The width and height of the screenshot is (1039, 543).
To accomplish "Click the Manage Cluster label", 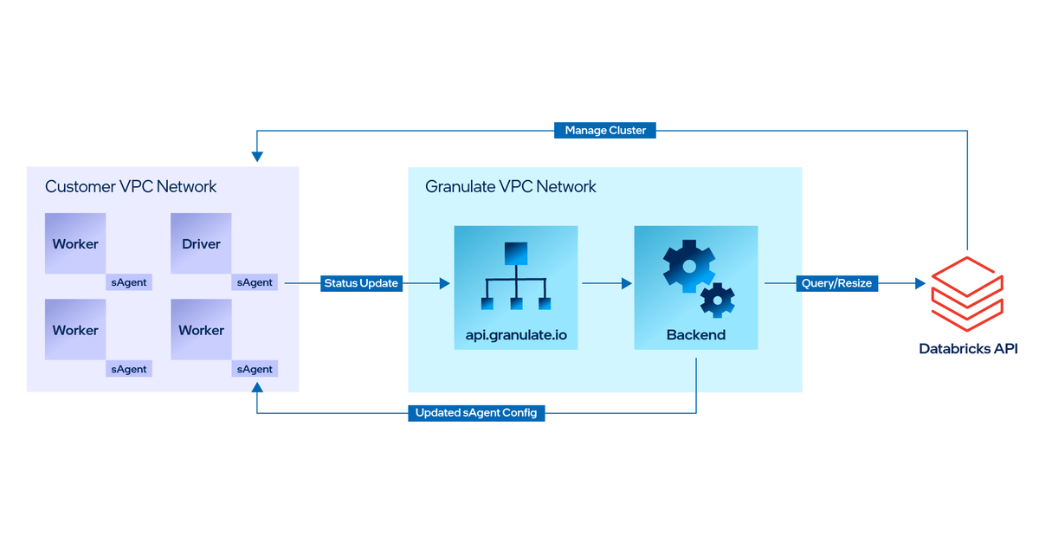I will click(604, 130).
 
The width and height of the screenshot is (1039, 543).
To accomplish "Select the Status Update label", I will click(361, 283).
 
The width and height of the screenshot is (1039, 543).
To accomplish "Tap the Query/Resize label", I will click(836, 283).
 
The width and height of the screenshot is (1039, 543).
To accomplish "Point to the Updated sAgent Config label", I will click(475, 413).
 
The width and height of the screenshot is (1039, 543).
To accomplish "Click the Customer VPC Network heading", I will click(130, 186).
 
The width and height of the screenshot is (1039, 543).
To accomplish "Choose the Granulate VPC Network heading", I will click(510, 186).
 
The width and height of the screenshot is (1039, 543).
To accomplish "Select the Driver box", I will click(201, 243).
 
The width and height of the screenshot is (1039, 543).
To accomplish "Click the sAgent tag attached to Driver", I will click(255, 282).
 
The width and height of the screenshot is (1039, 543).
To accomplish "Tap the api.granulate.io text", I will click(516, 334).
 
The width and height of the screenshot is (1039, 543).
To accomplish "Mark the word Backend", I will click(695, 334).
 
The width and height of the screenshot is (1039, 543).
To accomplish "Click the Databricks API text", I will click(968, 349).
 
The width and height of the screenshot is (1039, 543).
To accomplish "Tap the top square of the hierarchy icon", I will click(516, 253).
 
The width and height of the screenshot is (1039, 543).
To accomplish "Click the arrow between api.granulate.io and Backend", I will click(606, 283).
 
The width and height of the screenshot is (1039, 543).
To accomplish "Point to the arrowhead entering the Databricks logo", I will click(919, 283).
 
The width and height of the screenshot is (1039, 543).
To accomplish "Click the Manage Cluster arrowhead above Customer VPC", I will click(257, 157).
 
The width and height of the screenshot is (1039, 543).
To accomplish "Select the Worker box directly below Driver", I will click(201, 330).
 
